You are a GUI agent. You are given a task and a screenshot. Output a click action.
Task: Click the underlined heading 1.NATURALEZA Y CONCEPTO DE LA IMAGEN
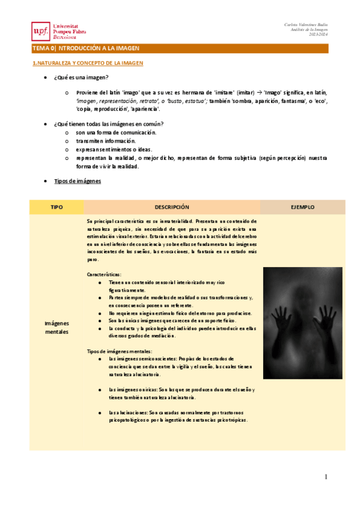(x=87, y=63)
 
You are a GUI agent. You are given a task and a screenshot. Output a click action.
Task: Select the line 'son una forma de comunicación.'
(x=116, y=132)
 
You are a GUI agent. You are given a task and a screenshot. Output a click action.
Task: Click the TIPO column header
(x=57, y=207)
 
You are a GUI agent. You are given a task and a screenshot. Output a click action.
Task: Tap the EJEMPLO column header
(x=302, y=207)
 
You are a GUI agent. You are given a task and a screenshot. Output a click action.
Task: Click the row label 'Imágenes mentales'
(x=57, y=328)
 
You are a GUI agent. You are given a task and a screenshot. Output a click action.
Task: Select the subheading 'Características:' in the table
(x=104, y=274)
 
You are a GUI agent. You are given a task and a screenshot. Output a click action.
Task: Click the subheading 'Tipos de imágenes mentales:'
(x=120, y=351)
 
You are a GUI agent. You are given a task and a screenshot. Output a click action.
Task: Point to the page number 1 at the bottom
(x=326, y=477)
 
